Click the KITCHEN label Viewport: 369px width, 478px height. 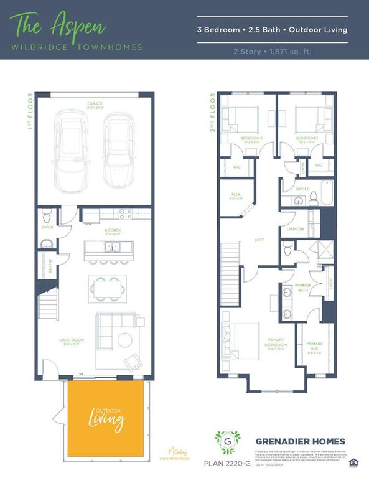point(112,230)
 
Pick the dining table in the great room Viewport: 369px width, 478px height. point(106,288)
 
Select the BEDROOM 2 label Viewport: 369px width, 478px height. point(251,138)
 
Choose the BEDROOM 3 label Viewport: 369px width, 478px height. point(306,138)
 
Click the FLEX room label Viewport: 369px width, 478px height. point(235,194)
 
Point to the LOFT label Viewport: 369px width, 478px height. point(259,240)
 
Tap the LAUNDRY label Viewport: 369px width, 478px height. point(295,229)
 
